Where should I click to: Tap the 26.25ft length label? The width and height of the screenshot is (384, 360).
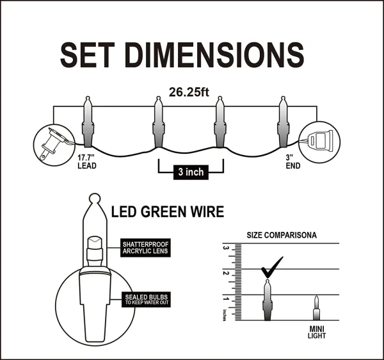(189, 92)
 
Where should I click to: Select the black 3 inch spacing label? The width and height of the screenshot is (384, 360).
(191, 172)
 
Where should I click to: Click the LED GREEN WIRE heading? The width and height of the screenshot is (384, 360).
(168, 211)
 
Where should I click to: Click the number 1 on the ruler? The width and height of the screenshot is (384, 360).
(225, 298)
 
